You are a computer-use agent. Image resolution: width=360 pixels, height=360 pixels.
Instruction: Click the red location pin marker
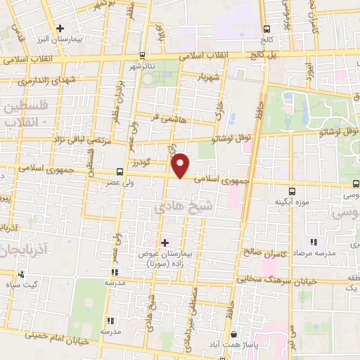pos(181,165)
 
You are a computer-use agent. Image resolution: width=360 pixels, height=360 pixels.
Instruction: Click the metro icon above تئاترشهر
pos(143,55)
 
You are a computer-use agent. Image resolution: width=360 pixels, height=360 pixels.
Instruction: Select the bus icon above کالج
pos(266,29)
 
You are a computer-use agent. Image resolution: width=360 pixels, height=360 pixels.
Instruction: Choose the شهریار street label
pos(212,76)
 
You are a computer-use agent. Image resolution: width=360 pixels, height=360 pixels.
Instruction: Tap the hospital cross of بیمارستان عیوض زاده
pos(165,243)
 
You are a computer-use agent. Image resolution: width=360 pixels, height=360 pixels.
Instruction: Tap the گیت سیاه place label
pos(24,285)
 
